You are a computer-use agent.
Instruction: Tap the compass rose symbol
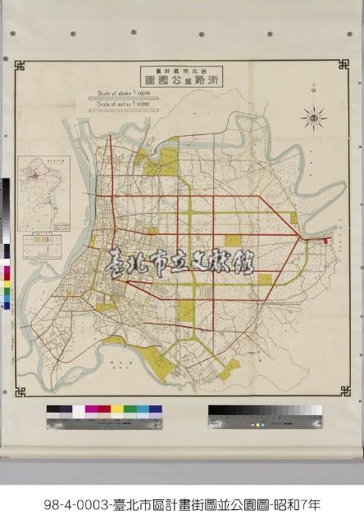point(314,119)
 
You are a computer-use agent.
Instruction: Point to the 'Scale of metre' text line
point(123,104)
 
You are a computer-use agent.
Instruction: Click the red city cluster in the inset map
point(35,175)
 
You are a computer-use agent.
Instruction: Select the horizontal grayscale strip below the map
point(264,409)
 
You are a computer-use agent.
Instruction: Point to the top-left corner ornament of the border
point(20,65)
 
